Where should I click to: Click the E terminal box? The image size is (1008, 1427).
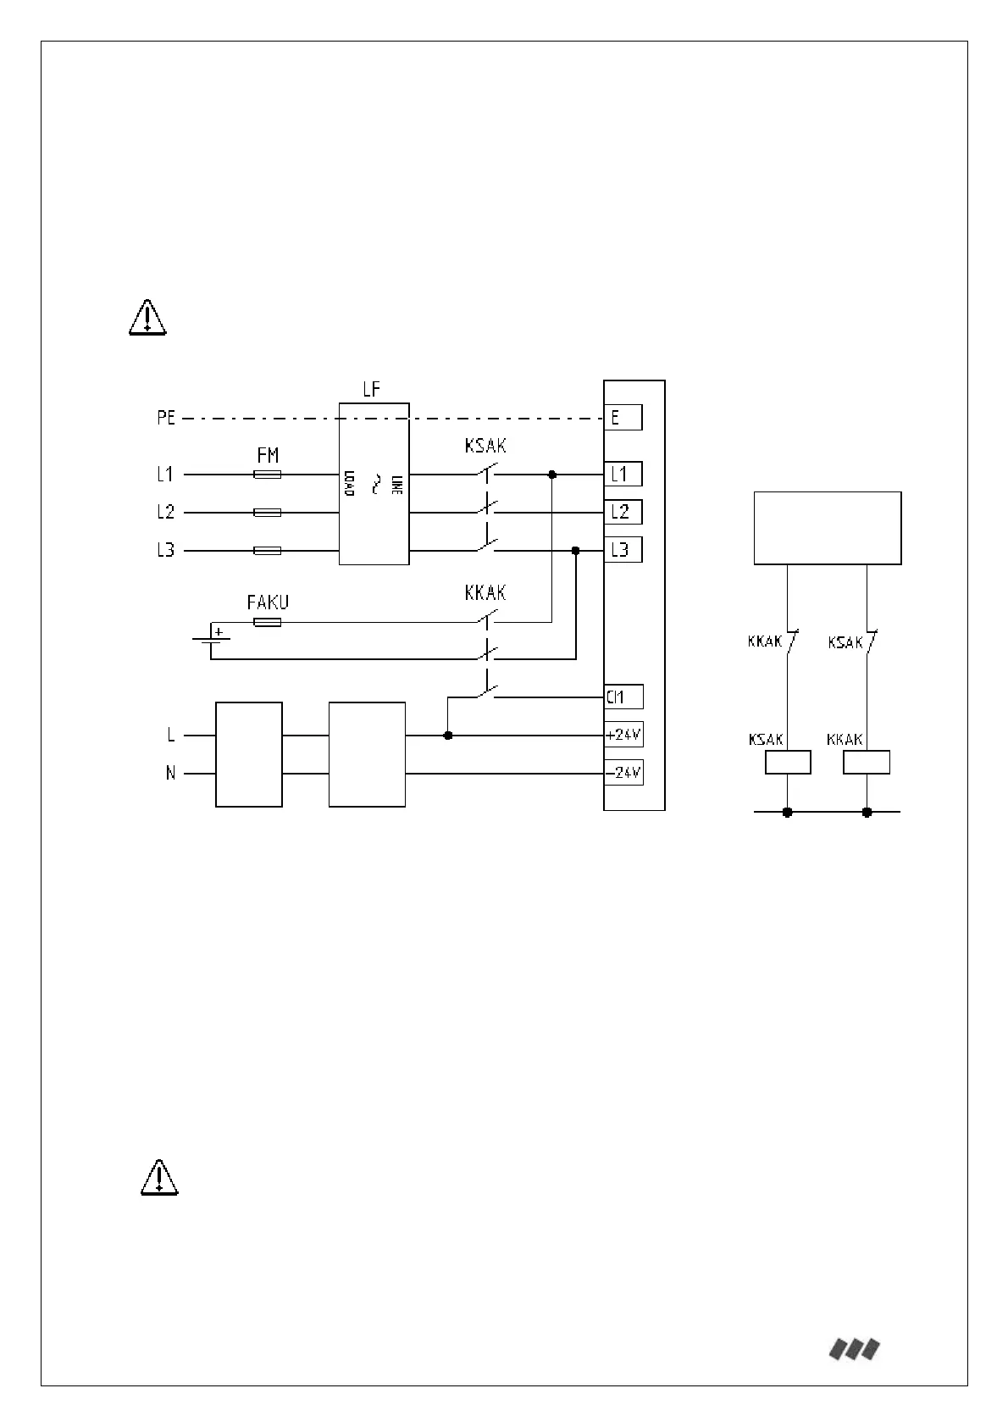pyautogui.click(x=623, y=417)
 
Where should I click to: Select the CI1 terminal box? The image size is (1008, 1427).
pyautogui.click(x=623, y=697)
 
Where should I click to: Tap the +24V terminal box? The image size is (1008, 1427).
pyautogui.click(x=623, y=735)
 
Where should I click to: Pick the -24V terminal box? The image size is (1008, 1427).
pyautogui.click(x=623, y=773)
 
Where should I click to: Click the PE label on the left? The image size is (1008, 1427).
pyautogui.click(x=166, y=418)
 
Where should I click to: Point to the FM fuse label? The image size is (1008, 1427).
pyautogui.click(x=268, y=456)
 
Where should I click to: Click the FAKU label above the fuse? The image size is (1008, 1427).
pyautogui.click(x=268, y=602)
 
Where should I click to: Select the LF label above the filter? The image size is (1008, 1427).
pyautogui.click(x=372, y=391)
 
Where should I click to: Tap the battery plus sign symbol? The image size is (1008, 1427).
pyautogui.click(x=219, y=631)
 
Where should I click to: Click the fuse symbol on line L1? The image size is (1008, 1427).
pyautogui.click(x=268, y=475)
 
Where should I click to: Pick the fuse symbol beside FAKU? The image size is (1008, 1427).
pyautogui.click(x=268, y=622)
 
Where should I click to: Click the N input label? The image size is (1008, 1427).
pyautogui.click(x=170, y=774)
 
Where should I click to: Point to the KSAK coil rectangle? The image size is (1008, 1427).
pyautogui.click(x=788, y=762)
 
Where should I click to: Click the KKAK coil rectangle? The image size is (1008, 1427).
pyautogui.click(x=867, y=762)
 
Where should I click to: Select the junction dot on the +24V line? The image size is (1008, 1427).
pyautogui.click(x=448, y=736)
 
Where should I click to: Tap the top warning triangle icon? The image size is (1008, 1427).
pyautogui.click(x=148, y=318)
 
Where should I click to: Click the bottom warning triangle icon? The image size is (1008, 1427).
pyautogui.click(x=159, y=1177)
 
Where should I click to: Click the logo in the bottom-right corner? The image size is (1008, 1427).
pyautogui.click(x=854, y=1349)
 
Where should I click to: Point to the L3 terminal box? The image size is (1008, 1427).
pyautogui.click(x=623, y=550)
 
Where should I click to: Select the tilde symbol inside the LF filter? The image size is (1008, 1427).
pyautogui.click(x=374, y=484)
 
